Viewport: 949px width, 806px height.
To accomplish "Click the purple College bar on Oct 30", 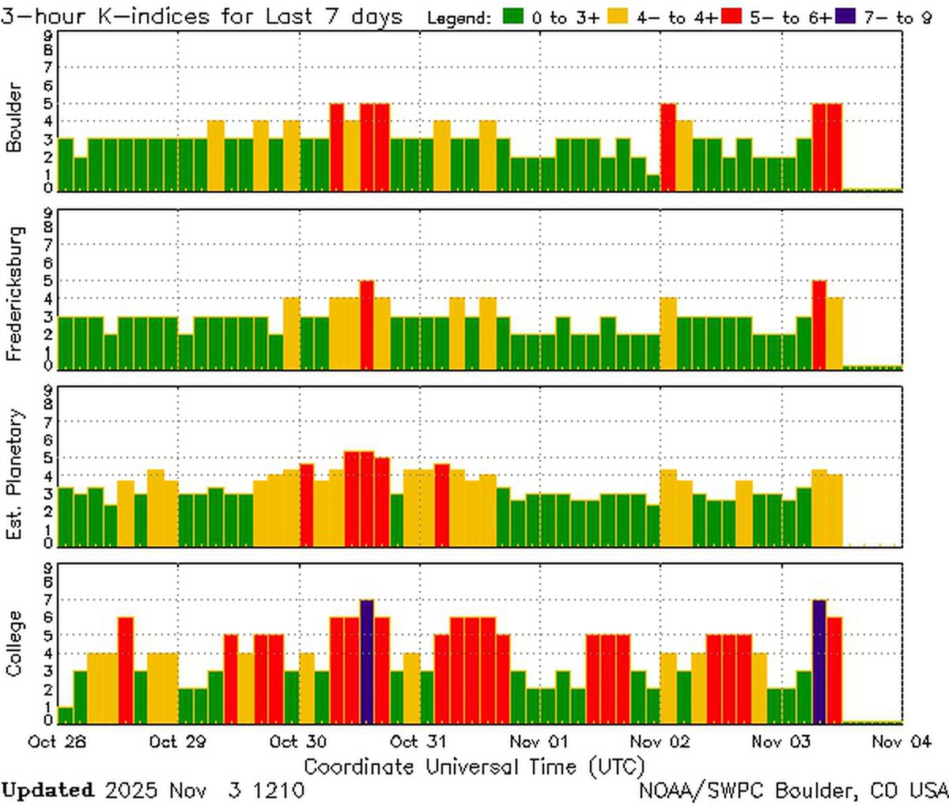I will pyautogui.click(x=366, y=661).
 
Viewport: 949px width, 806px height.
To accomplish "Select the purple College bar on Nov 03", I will pyautogui.click(x=819, y=661).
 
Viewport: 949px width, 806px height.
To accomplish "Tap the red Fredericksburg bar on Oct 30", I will pyautogui.click(x=366, y=325).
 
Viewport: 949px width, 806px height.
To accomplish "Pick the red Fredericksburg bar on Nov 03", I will pyautogui.click(x=819, y=325).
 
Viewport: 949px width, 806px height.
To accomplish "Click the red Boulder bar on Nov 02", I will pyautogui.click(x=668, y=147).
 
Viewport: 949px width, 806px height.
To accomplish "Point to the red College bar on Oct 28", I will pyautogui.click(x=125, y=670).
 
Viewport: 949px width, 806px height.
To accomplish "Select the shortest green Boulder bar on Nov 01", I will pyautogui.click(x=652, y=183).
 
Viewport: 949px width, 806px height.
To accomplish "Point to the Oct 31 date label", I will pyautogui.click(x=419, y=741).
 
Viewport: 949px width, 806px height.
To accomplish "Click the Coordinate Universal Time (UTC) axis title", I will pyautogui.click(x=474, y=766).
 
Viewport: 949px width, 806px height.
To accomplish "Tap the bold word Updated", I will pyautogui.click(x=47, y=789).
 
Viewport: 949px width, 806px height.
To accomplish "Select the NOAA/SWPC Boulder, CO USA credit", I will pyautogui.click(x=792, y=789).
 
